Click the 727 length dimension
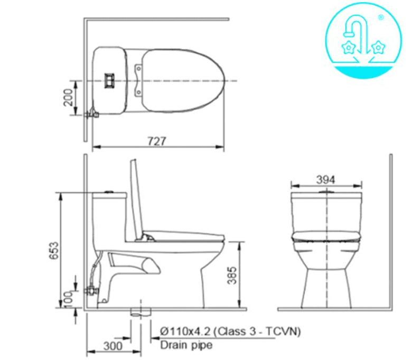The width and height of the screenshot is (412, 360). (157, 141)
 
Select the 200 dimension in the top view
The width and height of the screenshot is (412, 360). (68, 98)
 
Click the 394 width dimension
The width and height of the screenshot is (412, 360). (326, 180)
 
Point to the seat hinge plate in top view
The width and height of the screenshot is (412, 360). (139, 80)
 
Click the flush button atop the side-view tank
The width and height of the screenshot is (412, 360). (110, 191)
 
